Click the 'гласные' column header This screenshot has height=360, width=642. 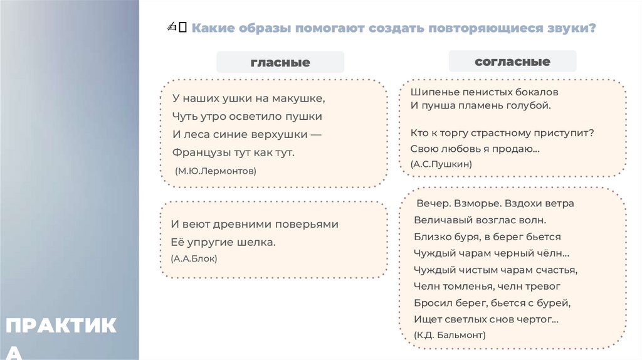[280, 62]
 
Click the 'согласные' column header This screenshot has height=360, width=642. [512, 61]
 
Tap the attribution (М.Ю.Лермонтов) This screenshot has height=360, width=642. [216, 171]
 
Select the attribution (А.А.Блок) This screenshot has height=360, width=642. [194, 258]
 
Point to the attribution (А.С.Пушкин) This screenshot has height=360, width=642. [441, 164]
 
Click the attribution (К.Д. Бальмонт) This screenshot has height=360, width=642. [450, 336]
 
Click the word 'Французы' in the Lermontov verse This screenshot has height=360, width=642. [198, 152]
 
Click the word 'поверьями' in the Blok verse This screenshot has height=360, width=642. [308, 224]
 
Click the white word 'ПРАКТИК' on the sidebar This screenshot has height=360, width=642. [61, 326]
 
